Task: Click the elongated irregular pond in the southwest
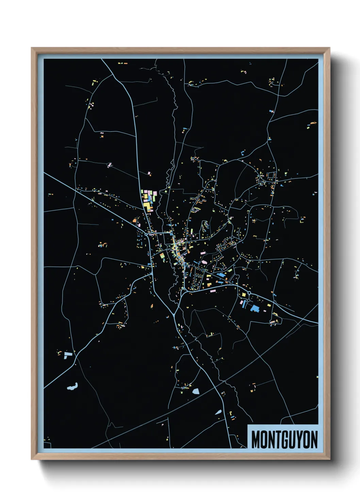pyautogui.click(x=72, y=387)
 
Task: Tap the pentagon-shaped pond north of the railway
pyautogui.click(x=196, y=391)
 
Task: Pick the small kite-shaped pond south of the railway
pyautogui.click(x=218, y=412)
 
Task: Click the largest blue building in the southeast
pyautogui.click(x=255, y=309)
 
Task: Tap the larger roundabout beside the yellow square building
pyautogui.click(x=249, y=293)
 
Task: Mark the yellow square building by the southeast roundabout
pyautogui.click(x=244, y=295)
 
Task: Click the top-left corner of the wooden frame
pyautogui.click(x=32, y=48)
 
